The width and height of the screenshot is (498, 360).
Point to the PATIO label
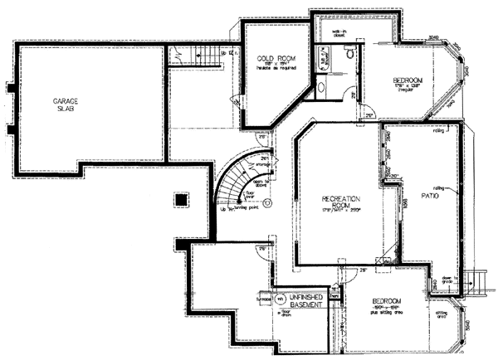tap(428, 197)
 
